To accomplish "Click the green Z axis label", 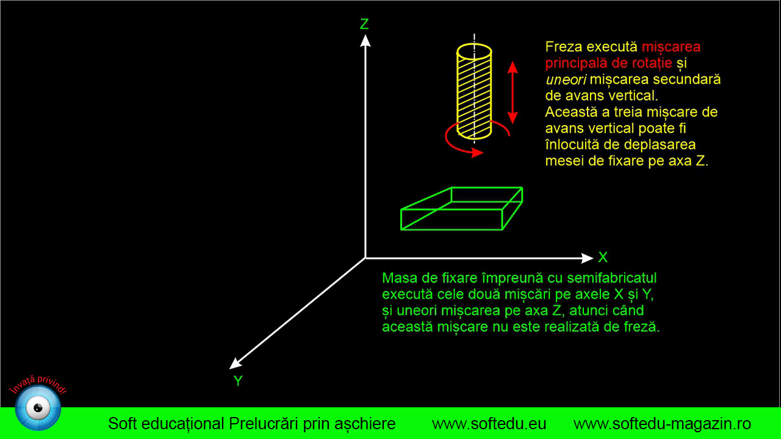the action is click(364, 24).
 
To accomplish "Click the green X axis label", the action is click(603, 257).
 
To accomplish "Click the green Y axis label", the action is click(238, 381).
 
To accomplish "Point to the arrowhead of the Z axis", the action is click(365, 41).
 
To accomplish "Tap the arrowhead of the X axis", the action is click(587, 258).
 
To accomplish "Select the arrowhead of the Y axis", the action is click(235, 364).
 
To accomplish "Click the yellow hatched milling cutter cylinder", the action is click(474, 91).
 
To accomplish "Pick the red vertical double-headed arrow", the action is click(512, 93).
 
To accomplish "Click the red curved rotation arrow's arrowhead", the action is click(477, 152).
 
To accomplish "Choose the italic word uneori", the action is click(566, 80).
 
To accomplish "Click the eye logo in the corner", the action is click(38, 408).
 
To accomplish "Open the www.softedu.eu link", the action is click(489, 424).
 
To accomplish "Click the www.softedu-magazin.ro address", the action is click(662, 424).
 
